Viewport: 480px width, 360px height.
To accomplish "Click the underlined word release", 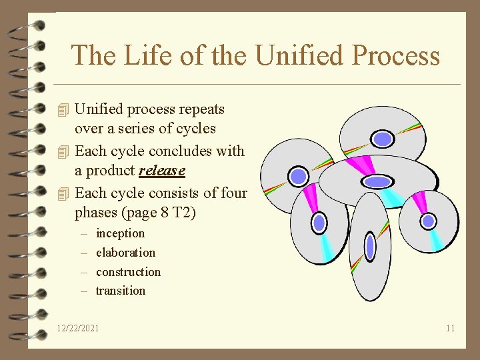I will click(x=162, y=171).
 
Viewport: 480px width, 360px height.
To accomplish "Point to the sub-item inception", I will click(x=120, y=233).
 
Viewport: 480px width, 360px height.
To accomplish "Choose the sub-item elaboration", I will click(x=125, y=253).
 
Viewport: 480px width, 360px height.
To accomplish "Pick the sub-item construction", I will click(x=128, y=272).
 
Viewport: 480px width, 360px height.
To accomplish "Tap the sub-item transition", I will click(x=120, y=291).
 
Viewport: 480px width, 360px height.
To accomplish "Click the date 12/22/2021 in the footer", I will click(x=79, y=328).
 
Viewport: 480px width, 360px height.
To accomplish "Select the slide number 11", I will click(x=451, y=328).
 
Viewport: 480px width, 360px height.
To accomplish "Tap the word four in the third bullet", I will click(x=233, y=193).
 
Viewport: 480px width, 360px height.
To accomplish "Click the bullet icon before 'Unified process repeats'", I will click(x=63, y=109).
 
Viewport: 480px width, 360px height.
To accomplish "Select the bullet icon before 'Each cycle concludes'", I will click(x=63, y=151).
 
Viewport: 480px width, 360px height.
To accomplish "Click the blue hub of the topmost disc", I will click(x=382, y=139).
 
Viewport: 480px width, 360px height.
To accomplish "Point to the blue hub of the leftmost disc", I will click(x=299, y=176).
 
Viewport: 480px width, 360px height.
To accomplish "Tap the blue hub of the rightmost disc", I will click(x=429, y=221).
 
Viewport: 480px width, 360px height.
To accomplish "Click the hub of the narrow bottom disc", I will click(x=371, y=247).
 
